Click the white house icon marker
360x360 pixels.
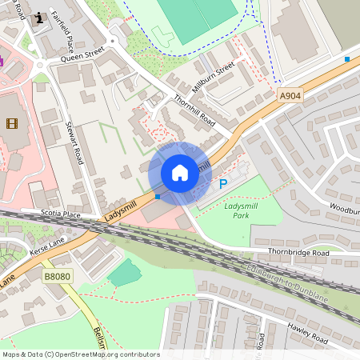click(x=180, y=172)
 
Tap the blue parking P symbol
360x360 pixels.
click(x=223, y=185)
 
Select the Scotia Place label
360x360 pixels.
click(x=62, y=214)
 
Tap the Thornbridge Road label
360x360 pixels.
click(x=298, y=253)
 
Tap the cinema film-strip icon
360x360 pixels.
click(x=11, y=122)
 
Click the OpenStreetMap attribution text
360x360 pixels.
click(x=81, y=354)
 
